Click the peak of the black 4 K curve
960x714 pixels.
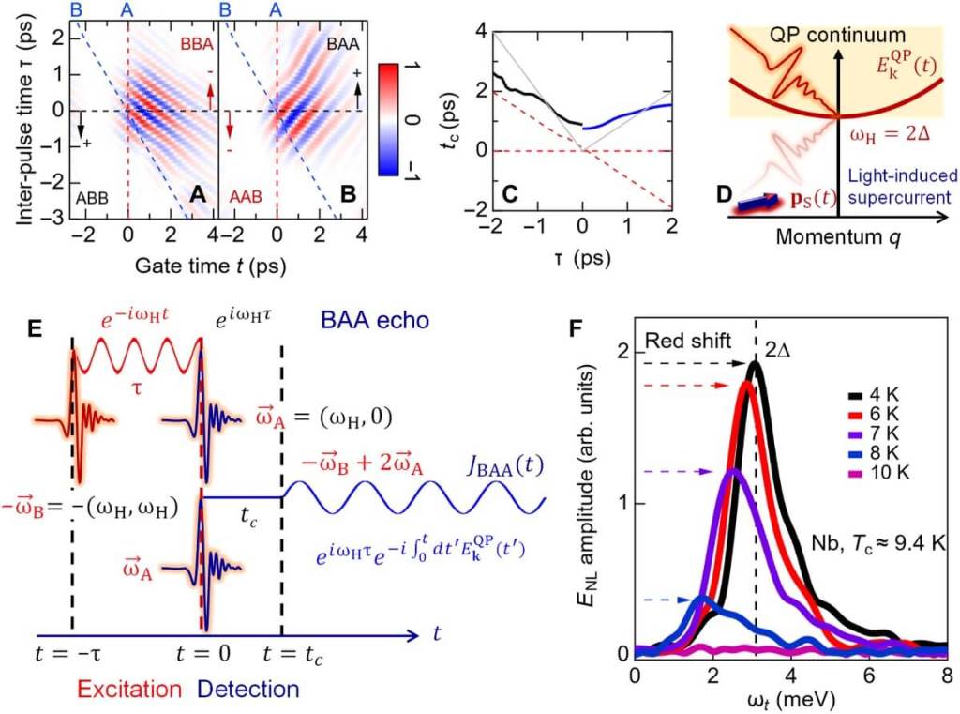[756, 364]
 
